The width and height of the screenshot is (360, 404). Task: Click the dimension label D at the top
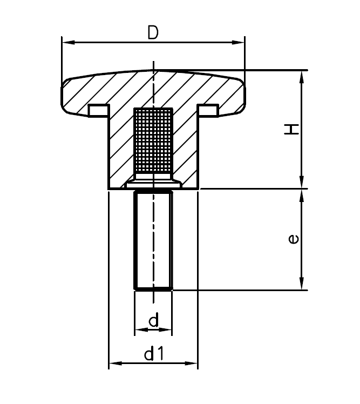pyautogui.click(x=153, y=33)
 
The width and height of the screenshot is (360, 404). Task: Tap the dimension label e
pyautogui.click(x=292, y=238)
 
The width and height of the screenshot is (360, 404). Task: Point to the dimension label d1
pyautogui.click(x=154, y=354)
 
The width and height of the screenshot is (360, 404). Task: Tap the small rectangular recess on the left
pyautogui.click(x=98, y=110)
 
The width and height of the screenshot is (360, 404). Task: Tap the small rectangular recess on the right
pyautogui.click(x=209, y=110)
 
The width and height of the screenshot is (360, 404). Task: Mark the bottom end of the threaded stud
pyautogui.click(x=153, y=289)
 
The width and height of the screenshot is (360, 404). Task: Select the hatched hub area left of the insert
pyautogui.click(x=121, y=151)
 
